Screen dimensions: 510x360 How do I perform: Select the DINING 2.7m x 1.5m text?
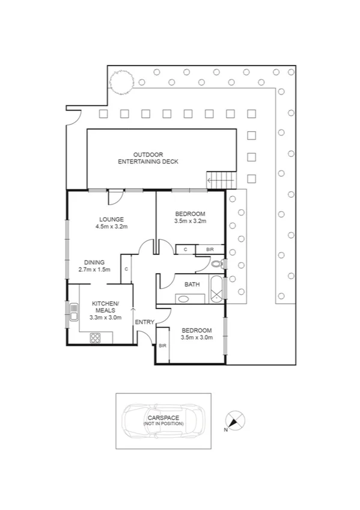(x=94, y=266)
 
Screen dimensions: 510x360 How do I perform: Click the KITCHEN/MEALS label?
(x=105, y=310)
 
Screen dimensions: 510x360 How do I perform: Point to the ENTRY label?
(x=144, y=322)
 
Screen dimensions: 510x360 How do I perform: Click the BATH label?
(x=192, y=284)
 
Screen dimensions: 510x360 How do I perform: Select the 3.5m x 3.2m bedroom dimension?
(x=190, y=221)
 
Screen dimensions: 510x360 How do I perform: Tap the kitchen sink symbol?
(x=73, y=312)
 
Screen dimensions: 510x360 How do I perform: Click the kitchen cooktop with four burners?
(x=96, y=337)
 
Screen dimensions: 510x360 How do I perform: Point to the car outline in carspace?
(x=163, y=420)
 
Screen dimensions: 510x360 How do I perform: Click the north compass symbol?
(x=234, y=419)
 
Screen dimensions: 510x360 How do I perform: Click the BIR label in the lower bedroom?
(x=162, y=345)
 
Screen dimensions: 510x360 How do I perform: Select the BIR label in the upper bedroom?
(x=210, y=249)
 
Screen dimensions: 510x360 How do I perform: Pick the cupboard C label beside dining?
(x=126, y=269)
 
